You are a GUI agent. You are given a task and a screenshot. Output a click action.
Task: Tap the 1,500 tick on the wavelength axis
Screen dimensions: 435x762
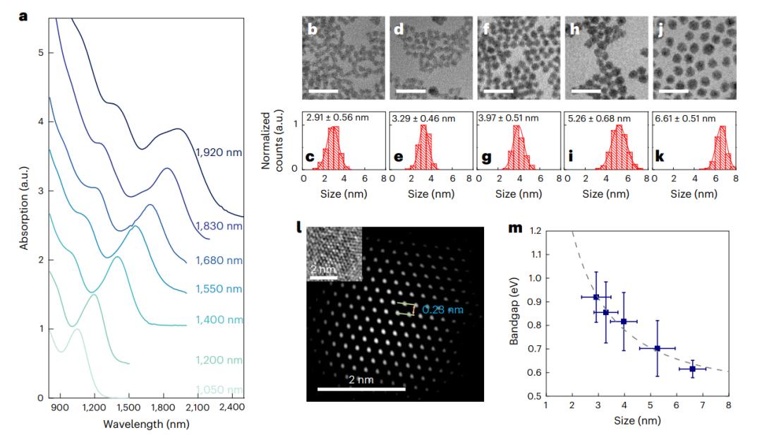[x=128, y=408]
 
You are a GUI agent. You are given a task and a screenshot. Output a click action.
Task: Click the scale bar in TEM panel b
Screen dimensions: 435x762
[x=323, y=91]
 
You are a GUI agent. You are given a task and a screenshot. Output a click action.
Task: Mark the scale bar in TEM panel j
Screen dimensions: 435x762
[x=673, y=91]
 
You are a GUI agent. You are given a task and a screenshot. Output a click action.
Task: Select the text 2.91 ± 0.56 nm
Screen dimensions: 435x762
[x=334, y=118]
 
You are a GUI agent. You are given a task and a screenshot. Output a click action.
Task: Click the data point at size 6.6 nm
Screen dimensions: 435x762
[x=692, y=369]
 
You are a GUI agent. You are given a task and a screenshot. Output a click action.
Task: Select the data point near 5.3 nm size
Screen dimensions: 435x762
[x=658, y=348]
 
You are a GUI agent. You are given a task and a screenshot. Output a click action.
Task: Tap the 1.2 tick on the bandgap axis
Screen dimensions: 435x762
[x=537, y=231]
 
